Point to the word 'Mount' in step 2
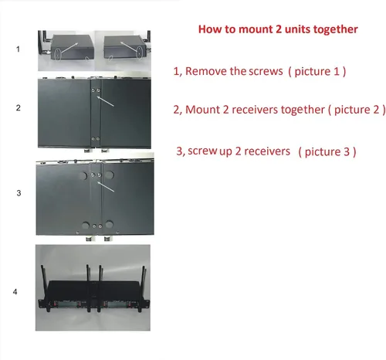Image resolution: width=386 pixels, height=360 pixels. coord(203,110)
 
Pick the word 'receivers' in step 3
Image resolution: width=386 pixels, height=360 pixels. coord(267,151)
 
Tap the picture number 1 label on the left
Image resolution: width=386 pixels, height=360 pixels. coord(18,49)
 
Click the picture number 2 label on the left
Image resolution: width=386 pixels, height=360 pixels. coord(18,107)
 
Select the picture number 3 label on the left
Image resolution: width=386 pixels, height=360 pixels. coord(19,193)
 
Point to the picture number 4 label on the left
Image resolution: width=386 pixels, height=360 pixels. coord(15,291)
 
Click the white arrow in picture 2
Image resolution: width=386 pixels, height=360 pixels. coord(105,101)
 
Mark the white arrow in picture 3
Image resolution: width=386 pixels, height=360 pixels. coord(106,186)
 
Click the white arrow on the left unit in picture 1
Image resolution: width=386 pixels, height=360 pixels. coord(69,48)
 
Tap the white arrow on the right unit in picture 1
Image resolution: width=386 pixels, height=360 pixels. coord(129,46)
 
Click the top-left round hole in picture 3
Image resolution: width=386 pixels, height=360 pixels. coord(83,176)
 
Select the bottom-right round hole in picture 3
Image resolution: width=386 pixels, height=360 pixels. coord(109,224)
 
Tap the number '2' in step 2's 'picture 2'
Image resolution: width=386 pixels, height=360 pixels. coord(376,110)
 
